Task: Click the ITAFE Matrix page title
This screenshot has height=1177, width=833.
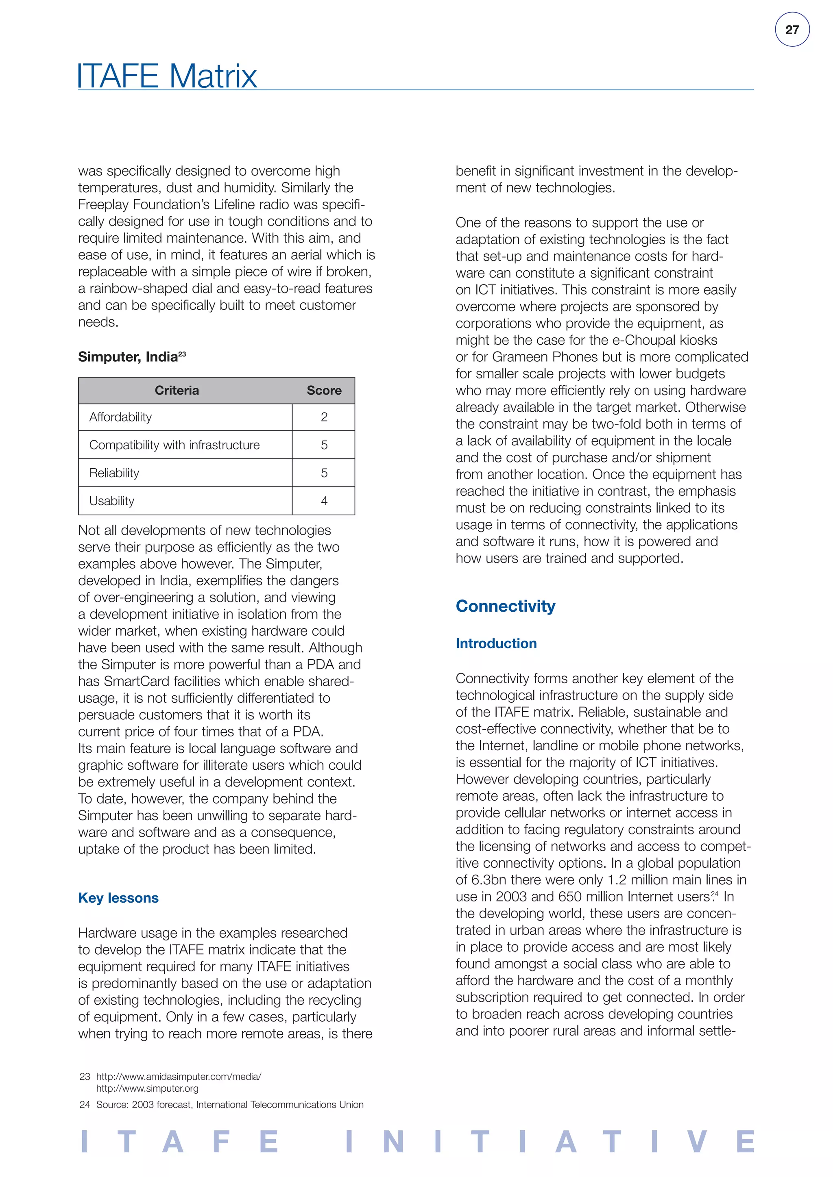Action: click(167, 76)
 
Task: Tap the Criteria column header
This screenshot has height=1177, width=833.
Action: click(177, 391)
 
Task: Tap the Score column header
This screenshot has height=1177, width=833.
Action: click(324, 391)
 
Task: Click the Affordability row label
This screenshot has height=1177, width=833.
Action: click(120, 417)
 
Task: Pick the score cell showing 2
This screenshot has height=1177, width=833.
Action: click(324, 417)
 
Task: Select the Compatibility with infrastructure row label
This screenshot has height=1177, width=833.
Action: click(174, 445)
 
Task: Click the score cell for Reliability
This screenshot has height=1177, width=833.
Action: click(324, 473)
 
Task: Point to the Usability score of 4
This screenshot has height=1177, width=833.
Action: click(324, 501)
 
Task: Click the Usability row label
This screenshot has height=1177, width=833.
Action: click(112, 501)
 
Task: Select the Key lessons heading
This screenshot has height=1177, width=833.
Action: click(118, 898)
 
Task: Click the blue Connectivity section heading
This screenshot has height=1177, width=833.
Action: click(505, 606)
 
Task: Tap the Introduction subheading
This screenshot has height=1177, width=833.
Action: click(496, 643)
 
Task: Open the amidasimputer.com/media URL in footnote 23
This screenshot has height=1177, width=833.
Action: click(179, 1077)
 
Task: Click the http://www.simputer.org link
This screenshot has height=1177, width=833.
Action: click(147, 1088)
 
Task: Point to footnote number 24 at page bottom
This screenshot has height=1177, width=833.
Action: click(85, 1105)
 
